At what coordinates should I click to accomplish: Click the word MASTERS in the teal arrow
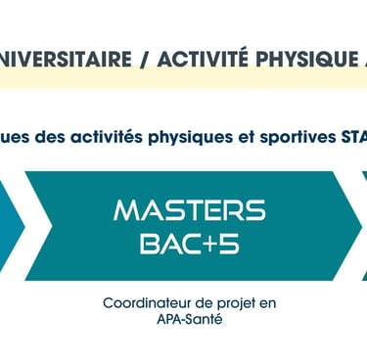[190, 210]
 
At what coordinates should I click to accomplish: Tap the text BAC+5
[190, 245]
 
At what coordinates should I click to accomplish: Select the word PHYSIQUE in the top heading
[306, 59]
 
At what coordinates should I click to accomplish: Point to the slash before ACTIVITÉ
[144, 60]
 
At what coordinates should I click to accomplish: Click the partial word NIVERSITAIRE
[66, 59]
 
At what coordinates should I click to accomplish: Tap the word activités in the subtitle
[107, 137]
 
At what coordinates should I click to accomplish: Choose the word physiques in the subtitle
[191, 138]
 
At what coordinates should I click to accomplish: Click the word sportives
[298, 138]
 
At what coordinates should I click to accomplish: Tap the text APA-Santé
[190, 319]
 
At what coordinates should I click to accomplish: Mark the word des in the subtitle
[50, 137]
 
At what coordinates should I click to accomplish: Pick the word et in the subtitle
[247, 138]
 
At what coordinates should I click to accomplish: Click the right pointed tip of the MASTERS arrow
[361, 226]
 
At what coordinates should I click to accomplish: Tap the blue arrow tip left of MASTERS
[24, 226]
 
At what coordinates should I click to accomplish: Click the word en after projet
[268, 304]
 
